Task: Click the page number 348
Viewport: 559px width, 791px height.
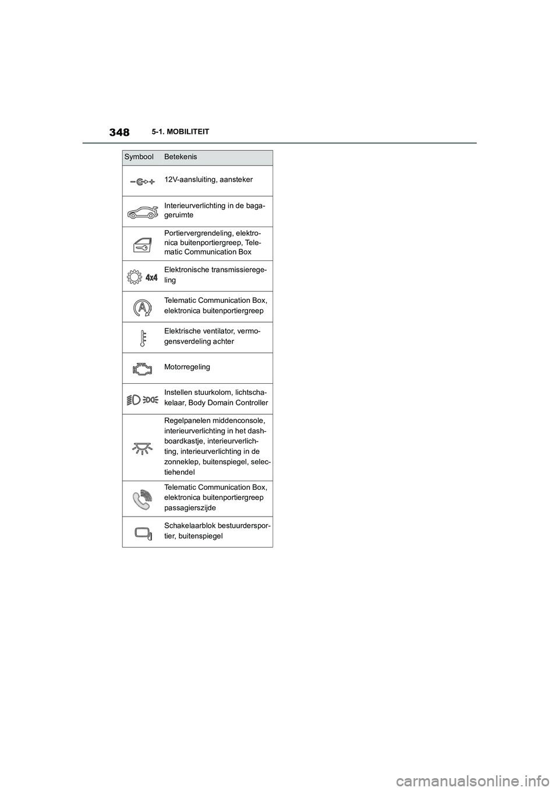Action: point(119,132)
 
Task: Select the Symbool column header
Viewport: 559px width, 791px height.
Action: point(139,157)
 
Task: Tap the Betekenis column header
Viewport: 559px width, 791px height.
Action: point(181,157)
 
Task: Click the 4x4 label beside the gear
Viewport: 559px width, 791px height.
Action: point(151,278)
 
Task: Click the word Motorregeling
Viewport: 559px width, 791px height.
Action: point(187,367)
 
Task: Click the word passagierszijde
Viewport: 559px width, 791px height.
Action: point(190,508)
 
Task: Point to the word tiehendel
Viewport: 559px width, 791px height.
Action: point(179,472)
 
